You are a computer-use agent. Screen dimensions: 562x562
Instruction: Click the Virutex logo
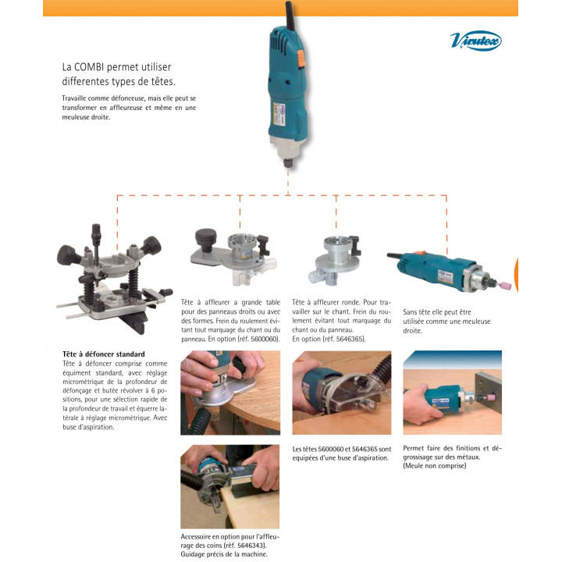475,41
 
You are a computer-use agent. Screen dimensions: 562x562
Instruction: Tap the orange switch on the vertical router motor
301,58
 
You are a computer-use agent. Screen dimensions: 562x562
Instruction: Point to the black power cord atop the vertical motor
290,16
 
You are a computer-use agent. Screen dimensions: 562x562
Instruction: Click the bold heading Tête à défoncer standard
104,354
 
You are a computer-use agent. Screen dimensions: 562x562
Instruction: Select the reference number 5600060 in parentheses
265,339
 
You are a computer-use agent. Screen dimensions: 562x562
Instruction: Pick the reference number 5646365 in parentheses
350,339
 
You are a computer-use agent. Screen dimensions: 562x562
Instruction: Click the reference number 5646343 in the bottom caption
251,546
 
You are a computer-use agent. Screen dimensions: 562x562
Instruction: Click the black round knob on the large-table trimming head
206,239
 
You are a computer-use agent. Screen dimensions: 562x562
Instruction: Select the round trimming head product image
334,260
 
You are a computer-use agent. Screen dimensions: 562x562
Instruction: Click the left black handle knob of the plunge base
69,255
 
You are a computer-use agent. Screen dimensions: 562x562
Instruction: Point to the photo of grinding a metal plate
452,393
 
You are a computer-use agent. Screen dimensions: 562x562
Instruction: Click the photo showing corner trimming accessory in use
229,487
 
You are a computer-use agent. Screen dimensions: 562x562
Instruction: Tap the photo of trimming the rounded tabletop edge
230,393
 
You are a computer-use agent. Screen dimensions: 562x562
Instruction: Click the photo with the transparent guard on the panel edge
342,393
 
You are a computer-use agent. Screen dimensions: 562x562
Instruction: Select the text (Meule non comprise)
435,466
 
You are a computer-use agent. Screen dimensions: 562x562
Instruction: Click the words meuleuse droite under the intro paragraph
86,117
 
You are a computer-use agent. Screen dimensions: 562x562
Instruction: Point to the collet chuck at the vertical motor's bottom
288,162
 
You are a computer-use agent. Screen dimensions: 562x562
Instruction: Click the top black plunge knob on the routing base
96,233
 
